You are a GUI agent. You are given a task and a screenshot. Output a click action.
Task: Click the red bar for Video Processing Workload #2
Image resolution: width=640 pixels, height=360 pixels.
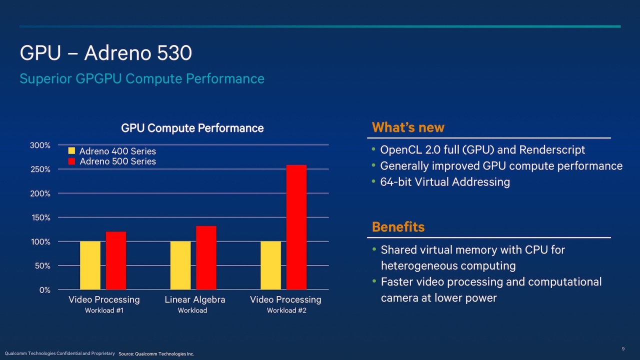pyautogui.click(x=296, y=227)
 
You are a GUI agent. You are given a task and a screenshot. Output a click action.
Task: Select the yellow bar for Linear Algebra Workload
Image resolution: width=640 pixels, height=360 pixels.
pyautogui.click(x=180, y=265)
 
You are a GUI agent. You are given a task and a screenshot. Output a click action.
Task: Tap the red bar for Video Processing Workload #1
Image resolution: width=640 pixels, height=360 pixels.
pyautogui.click(x=116, y=260)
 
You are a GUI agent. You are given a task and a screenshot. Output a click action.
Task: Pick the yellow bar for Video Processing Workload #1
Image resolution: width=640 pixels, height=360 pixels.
pyautogui.click(x=90, y=265)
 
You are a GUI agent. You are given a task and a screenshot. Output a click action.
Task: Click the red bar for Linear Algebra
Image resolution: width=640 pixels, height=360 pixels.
pyautogui.click(x=206, y=258)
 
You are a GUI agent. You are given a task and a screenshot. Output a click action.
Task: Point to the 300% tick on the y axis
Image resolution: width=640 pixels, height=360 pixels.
pyautogui.click(x=40, y=145)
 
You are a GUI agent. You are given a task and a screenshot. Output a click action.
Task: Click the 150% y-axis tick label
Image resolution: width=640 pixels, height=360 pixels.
pyautogui.click(x=40, y=217)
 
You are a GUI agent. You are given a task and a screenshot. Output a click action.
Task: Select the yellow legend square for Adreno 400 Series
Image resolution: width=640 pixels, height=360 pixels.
pyautogui.click(x=71, y=151)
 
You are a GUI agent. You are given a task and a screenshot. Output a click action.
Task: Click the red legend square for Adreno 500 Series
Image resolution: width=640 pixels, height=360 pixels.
pyautogui.click(x=71, y=161)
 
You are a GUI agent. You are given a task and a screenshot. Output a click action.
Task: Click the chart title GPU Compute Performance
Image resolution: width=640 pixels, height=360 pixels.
pyautogui.click(x=192, y=128)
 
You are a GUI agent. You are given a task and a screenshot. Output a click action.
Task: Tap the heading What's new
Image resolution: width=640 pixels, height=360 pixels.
pyautogui.click(x=408, y=127)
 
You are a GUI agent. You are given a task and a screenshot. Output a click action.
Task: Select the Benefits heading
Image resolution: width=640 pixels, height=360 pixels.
pyautogui.click(x=398, y=227)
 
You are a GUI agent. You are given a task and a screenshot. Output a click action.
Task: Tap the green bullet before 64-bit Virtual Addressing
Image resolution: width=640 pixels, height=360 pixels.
pyautogui.click(x=374, y=181)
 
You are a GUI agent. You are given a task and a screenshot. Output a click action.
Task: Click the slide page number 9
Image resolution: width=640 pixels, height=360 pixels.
pyautogui.click(x=623, y=348)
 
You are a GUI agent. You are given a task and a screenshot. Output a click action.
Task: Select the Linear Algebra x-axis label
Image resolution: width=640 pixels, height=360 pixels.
pyautogui.click(x=194, y=299)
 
